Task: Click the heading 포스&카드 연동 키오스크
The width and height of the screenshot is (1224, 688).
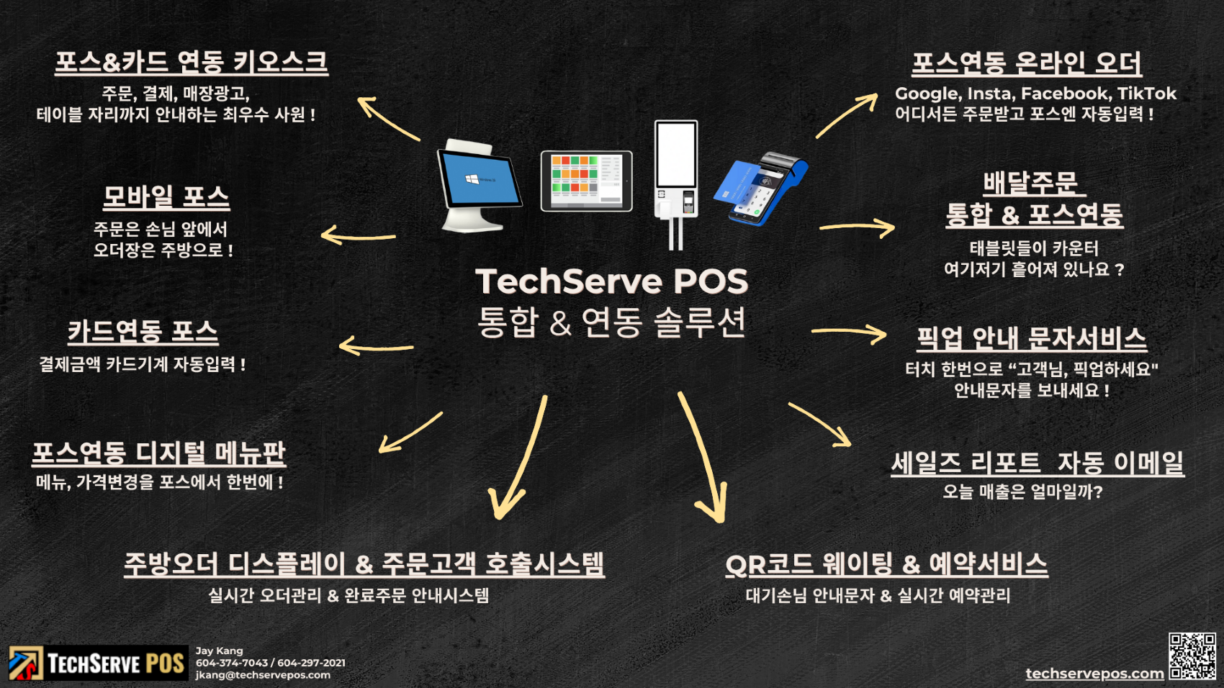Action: click(x=192, y=62)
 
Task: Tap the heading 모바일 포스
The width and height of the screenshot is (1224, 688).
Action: click(x=166, y=196)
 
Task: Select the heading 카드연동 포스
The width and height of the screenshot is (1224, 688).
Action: click(x=143, y=331)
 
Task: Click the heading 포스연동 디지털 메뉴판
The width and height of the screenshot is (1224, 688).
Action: click(x=159, y=453)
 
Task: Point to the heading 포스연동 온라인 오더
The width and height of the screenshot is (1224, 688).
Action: click(x=1026, y=63)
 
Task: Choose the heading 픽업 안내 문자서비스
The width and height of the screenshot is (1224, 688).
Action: click(x=1031, y=338)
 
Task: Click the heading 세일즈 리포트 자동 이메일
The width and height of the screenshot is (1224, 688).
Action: click(x=1038, y=462)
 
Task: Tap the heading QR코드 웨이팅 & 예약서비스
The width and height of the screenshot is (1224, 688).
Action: click(x=886, y=564)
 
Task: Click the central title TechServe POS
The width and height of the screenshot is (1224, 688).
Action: click(x=612, y=281)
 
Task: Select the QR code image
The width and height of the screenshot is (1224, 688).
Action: click(x=1192, y=656)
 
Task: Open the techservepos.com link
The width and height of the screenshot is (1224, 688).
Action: click(x=1094, y=674)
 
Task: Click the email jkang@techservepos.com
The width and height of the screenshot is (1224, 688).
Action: click(x=263, y=675)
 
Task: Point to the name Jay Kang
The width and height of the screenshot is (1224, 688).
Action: click(x=219, y=651)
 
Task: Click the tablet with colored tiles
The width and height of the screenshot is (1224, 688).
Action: click(x=587, y=181)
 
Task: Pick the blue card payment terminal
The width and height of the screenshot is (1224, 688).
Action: click(x=761, y=188)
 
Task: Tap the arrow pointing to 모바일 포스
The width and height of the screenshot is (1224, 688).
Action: click(x=358, y=235)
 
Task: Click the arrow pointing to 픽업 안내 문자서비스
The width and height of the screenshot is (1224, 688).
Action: click(x=850, y=332)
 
